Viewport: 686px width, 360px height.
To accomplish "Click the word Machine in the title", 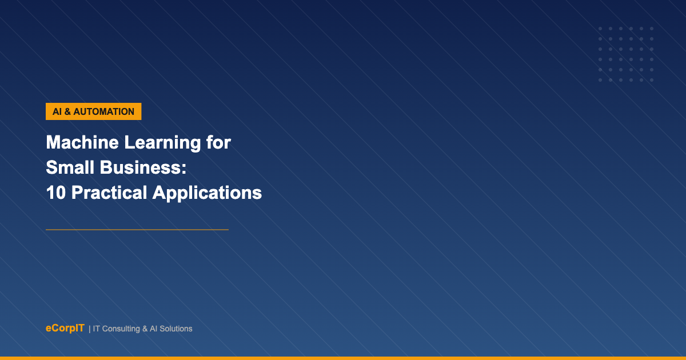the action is (x=82, y=142).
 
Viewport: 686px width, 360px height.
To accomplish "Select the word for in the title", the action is (x=218, y=142).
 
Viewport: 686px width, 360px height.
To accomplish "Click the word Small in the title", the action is (x=70, y=167).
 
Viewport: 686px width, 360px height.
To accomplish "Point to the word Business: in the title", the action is (x=143, y=167).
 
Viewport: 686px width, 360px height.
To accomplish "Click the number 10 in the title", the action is (x=56, y=193).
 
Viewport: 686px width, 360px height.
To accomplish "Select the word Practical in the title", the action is (x=109, y=193).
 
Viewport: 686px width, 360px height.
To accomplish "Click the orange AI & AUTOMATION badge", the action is (x=93, y=111).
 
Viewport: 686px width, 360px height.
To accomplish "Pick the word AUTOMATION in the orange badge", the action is (x=104, y=111).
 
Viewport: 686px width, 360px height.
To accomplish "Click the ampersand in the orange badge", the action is (x=67, y=111).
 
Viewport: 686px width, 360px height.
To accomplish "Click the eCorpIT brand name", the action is (x=65, y=328).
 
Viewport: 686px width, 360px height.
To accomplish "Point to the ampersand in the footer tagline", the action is (x=145, y=329).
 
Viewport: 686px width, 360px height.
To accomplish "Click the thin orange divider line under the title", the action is (x=137, y=230).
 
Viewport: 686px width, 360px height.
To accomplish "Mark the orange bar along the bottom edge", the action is (x=343, y=358).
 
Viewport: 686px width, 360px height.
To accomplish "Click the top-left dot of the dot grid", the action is (x=600, y=29).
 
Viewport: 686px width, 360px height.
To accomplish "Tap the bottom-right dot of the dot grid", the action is (x=652, y=80).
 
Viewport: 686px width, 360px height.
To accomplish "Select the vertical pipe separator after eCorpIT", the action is (x=89, y=329).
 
